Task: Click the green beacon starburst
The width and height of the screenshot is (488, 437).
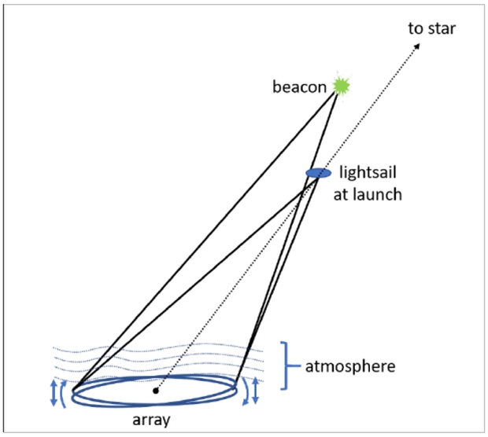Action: (x=341, y=85)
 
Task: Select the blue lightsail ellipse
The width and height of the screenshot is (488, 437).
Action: (x=318, y=173)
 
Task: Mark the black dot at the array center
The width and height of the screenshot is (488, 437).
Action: (x=156, y=391)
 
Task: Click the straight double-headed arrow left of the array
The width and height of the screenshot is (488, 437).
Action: (x=54, y=392)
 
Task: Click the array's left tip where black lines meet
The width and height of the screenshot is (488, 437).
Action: (x=73, y=391)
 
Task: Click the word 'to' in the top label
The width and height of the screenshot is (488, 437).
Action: (x=414, y=29)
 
